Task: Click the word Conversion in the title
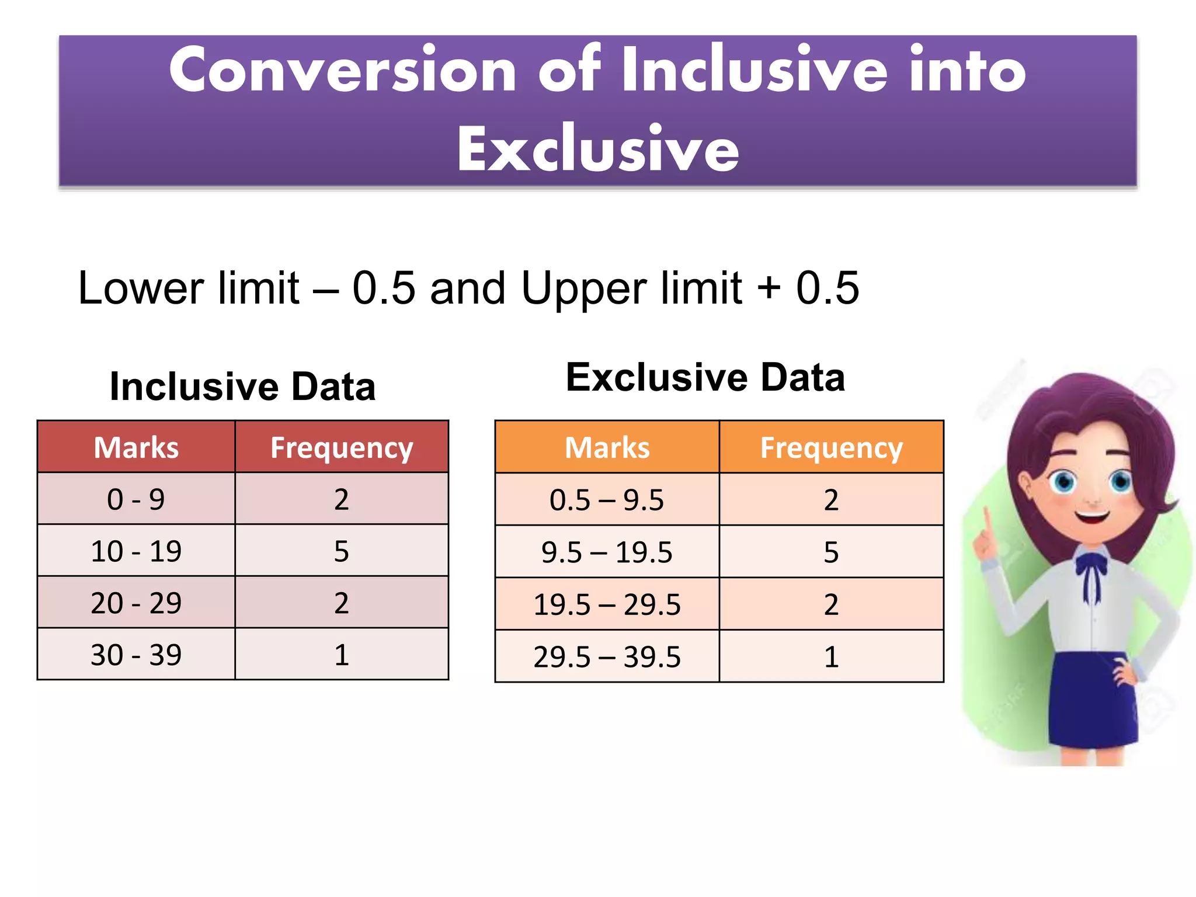coord(342,70)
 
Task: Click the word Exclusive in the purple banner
coord(597,149)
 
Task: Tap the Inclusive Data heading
coord(242,387)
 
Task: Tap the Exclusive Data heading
coord(705,377)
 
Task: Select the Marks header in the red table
coord(136,448)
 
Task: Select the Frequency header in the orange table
coord(831,448)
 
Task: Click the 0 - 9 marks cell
coord(136,499)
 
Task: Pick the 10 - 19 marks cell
coord(136,551)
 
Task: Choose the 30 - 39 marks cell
coord(136,655)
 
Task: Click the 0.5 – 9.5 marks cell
coord(606,500)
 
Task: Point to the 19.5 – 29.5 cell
coord(606,604)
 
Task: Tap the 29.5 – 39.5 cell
coord(606,657)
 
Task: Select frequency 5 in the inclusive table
coord(342,551)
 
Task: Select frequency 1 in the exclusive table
coord(831,657)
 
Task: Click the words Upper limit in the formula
coord(631,288)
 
